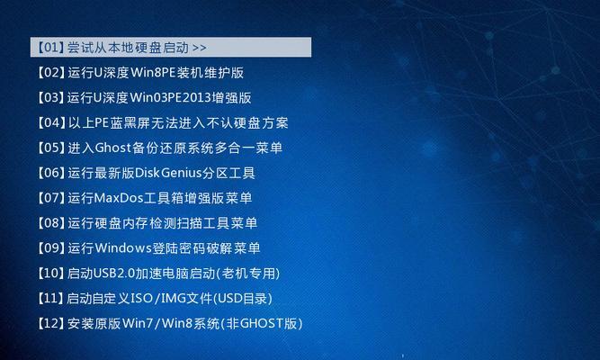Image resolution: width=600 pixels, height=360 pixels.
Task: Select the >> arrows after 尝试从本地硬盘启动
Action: click(x=199, y=48)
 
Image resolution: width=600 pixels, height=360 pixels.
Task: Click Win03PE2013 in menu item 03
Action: click(x=171, y=98)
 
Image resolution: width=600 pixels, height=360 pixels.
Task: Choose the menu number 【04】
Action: click(x=50, y=122)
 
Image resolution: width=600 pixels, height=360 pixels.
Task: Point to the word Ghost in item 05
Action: click(x=112, y=148)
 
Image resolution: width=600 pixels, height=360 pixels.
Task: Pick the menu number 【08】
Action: click(x=50, y=223)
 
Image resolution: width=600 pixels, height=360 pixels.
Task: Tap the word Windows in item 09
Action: click(x=123, y=248)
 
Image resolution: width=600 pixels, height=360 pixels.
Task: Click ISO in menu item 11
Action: click(x=141, y=298)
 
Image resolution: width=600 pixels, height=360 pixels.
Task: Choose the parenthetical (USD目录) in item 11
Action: click(x=243, y=298)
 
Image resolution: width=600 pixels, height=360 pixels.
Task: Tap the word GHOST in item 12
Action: click(x=262, y=324)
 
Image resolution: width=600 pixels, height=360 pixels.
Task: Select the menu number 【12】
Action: click(x=50, y=324)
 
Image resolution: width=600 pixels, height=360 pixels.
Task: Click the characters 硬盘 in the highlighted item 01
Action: click(x=147, y=48)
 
